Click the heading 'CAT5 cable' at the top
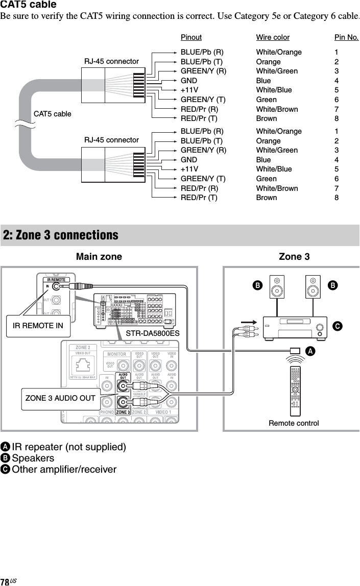[x=29, y=5]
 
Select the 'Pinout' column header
[x=191, y=37]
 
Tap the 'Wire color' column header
[x=273, y=37]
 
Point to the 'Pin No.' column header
[x=346, y=37]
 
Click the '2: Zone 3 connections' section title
[x=61, y=235]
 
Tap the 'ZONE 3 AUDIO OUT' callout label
[x=60, y=398]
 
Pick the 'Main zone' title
[x=99, y=257]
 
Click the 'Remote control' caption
[x=294, y=423]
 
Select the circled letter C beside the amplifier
[x=337, y=325]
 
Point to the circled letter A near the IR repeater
[x=310, y=351]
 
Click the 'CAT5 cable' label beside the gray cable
[x=53, y=113]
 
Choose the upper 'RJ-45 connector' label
[x=111, y=61]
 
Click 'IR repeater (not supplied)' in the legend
[x=69, y=447]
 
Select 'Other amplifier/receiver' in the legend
[x=64, y=469]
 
